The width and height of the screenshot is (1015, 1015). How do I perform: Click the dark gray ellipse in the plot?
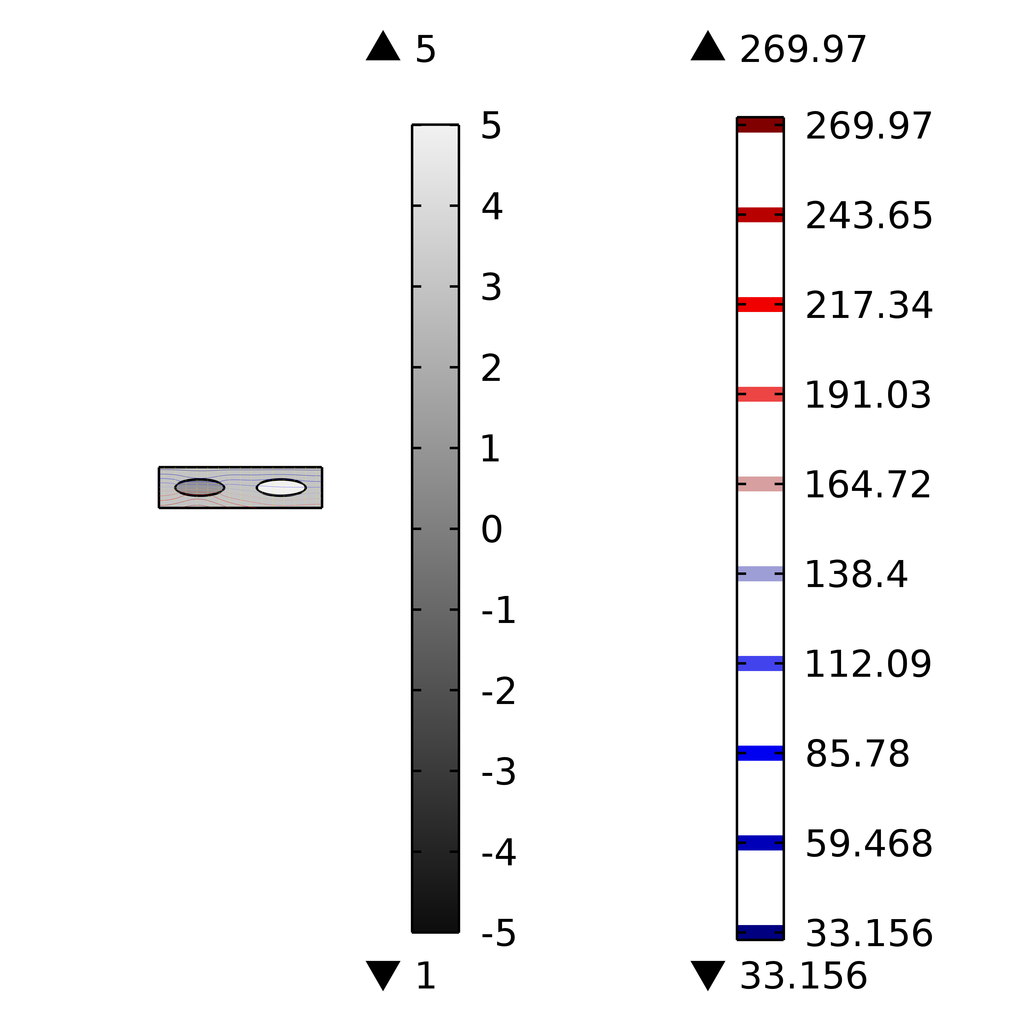(x=200, y=487)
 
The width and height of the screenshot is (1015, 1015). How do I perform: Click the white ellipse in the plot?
(x=281, y=487)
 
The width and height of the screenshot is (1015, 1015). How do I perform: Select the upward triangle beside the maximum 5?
(x=383, y=46)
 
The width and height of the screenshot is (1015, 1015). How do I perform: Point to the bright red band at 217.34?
(x=760, y=305)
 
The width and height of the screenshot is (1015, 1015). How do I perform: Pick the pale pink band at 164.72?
(x=760, y=484)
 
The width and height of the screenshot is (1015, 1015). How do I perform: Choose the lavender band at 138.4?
(x=760, y=574)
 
